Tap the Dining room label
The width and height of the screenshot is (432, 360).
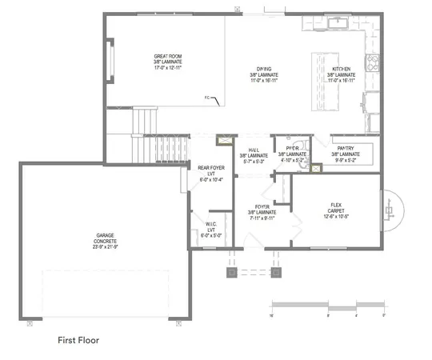[263, 74]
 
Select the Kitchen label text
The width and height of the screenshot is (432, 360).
[342, 74]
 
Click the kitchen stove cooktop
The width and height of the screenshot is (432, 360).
[372, 62]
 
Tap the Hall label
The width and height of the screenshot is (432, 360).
[254, 154]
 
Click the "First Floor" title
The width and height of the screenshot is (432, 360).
[78, 339]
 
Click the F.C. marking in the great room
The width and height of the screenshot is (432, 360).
[208, 98]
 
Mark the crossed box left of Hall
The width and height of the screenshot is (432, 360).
[227, 138]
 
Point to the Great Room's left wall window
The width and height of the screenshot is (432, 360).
[112, 63]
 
